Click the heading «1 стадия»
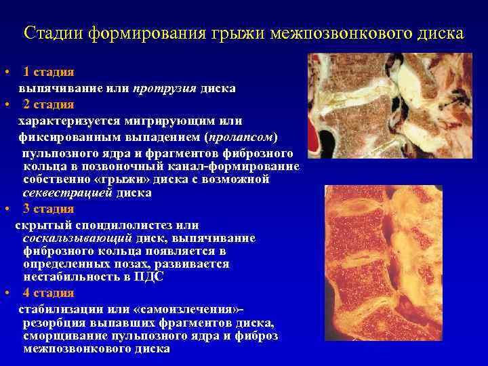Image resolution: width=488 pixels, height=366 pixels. click(48, 72)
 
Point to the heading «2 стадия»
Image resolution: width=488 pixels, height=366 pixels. click(48, 105)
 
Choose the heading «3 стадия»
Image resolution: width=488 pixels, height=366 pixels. click(48, 209)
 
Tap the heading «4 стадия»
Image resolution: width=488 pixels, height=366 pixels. click(48, 293)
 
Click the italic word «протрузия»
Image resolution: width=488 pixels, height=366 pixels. click(165, 88)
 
